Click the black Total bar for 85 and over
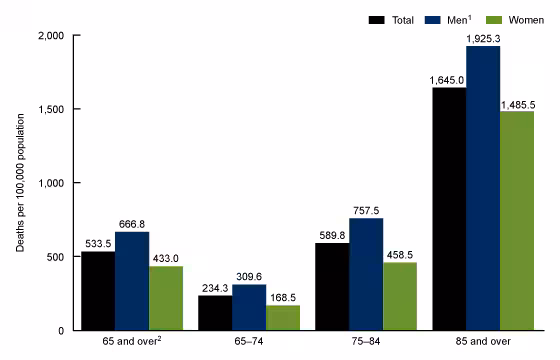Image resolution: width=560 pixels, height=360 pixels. click(449, 209)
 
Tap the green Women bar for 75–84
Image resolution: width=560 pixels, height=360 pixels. click(400, 297)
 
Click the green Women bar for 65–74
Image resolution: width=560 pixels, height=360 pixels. click(283, 318)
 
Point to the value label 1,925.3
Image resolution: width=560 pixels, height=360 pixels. click(483, 37)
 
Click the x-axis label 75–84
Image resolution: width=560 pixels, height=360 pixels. click(366, 343)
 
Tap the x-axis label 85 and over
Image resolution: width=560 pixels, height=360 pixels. click(483, 343)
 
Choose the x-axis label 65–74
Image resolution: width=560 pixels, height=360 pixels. click(249, 343)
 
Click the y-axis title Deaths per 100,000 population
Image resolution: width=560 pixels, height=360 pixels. click(19, 183)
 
